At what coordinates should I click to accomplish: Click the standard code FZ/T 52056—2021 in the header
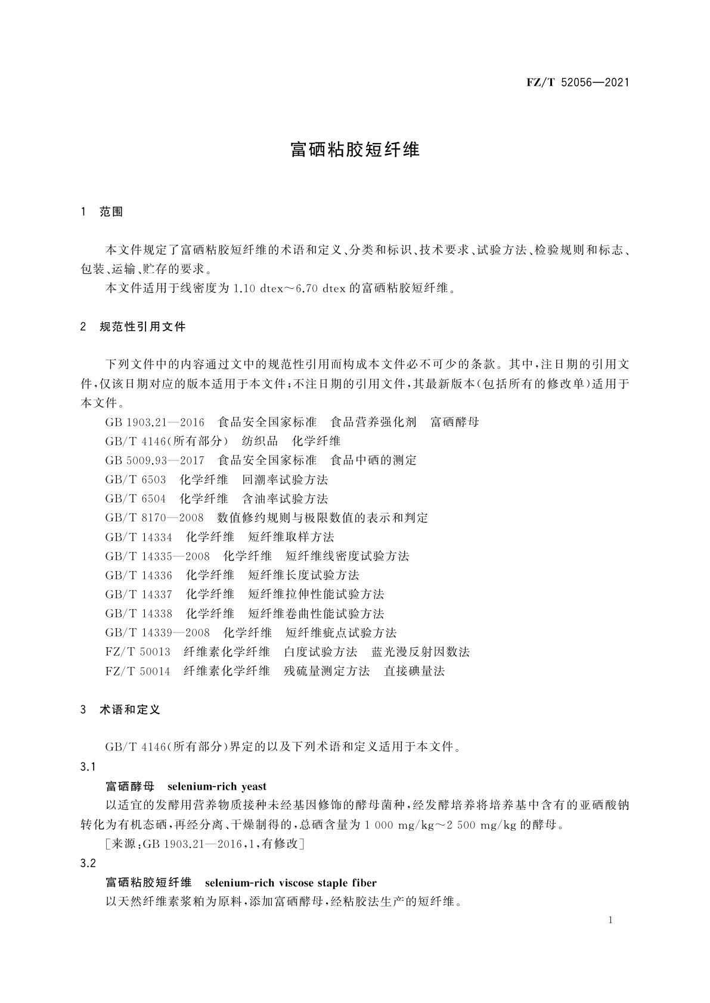coord(578,83)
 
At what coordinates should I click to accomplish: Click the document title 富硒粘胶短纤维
coord(355,149)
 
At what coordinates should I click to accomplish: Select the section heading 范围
coord(111,212)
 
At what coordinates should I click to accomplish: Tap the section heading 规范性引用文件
coord(142,326)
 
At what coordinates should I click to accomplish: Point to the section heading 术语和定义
coord(130,710)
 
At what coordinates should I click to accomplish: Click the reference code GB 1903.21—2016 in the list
coord(154,422)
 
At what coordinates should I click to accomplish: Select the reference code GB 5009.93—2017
coord(154,460)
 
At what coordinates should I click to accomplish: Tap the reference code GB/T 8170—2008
coord(154,518)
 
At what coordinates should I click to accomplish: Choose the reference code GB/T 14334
coord(138,537)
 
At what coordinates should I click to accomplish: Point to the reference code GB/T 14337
coord(138,594)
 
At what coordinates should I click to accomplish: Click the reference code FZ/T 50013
coord(137,652)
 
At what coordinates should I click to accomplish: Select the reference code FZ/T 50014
coord(137,671)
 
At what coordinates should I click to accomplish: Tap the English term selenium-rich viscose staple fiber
coord(290,883)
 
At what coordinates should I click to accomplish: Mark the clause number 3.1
coord(88,767)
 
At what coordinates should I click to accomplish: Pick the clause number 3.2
coord(88,863)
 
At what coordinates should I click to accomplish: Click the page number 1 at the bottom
coord(610,920)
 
